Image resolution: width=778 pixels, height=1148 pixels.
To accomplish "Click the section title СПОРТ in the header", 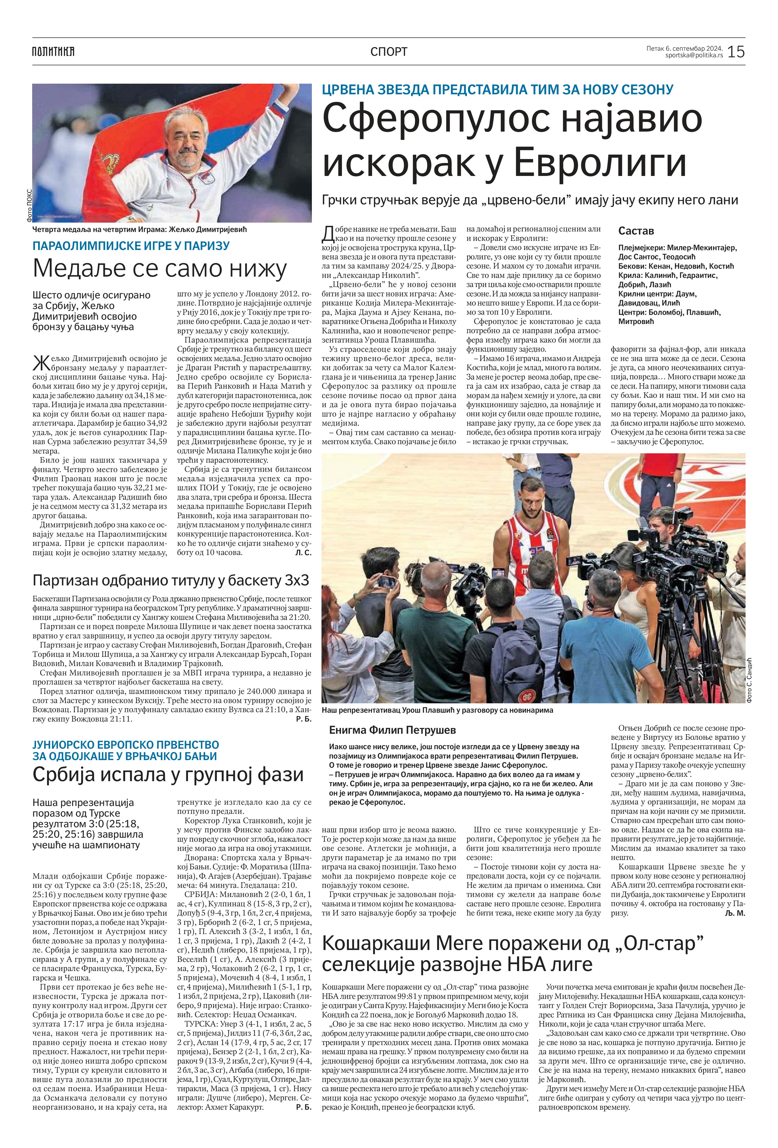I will (x=389, y=51).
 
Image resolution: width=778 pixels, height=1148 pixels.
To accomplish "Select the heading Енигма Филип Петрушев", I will (x=392, y=730).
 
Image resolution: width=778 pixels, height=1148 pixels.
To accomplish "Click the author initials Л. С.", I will (x=302, y=553).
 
